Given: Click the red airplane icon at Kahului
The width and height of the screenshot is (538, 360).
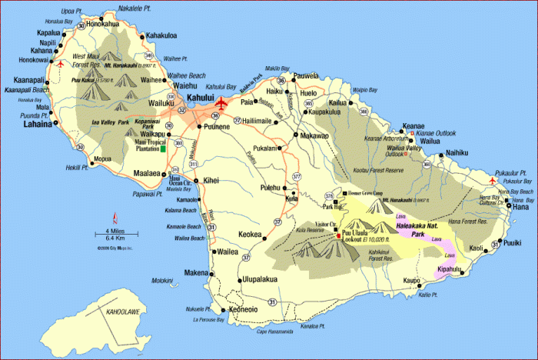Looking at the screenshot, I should click(x=223, y=103).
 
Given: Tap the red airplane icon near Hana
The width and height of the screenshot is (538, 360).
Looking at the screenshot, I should click(x=493, y=181).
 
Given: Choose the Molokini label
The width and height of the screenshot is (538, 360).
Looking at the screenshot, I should click(x=163, y=281).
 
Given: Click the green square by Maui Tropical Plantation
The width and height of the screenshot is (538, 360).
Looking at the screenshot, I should click(x=163, y=148).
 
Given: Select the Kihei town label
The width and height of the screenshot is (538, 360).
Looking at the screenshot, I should click(x=211, y=180).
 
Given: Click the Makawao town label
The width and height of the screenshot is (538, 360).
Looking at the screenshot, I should click(x=314, y=135).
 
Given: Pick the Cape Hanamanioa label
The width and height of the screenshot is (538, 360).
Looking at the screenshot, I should click(x=276, y=332).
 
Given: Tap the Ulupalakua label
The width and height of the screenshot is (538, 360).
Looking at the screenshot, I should click(x=267, y=280).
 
